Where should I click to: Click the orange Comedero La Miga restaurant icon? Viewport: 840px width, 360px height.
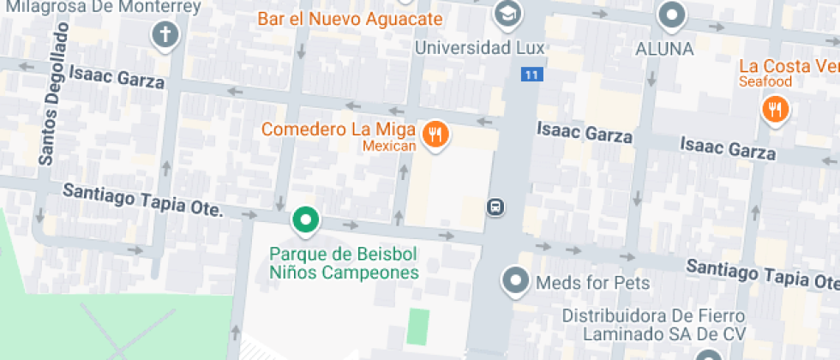pos(435,134)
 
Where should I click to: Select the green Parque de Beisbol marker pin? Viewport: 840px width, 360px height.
pos(304,221)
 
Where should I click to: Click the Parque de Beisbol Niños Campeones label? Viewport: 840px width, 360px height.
pos(344,264)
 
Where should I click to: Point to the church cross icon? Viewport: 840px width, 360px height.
pos(164,35)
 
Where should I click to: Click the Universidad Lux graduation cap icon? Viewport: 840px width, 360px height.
pos(507,14)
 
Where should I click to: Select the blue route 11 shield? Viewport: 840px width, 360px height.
pos(531,75)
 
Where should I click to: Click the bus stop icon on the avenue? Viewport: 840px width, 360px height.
pos(495,207)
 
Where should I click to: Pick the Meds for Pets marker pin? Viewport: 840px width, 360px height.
pos(515,279)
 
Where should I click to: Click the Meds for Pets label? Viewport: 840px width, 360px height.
pos(592,282)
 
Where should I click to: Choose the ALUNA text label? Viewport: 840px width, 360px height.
pos(664,49)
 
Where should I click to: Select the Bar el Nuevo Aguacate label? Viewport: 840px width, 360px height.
pos(351,19)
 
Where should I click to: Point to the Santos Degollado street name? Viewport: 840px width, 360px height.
pos(53,94)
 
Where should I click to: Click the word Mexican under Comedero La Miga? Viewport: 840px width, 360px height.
pos(388,147)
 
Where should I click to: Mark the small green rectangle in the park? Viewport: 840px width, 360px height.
pos(417,326)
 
